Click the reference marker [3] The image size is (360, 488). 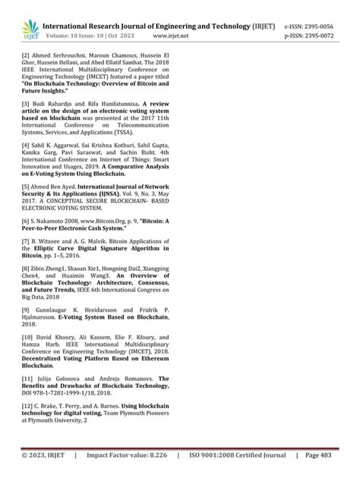26,123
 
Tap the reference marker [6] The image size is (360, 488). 26,262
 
